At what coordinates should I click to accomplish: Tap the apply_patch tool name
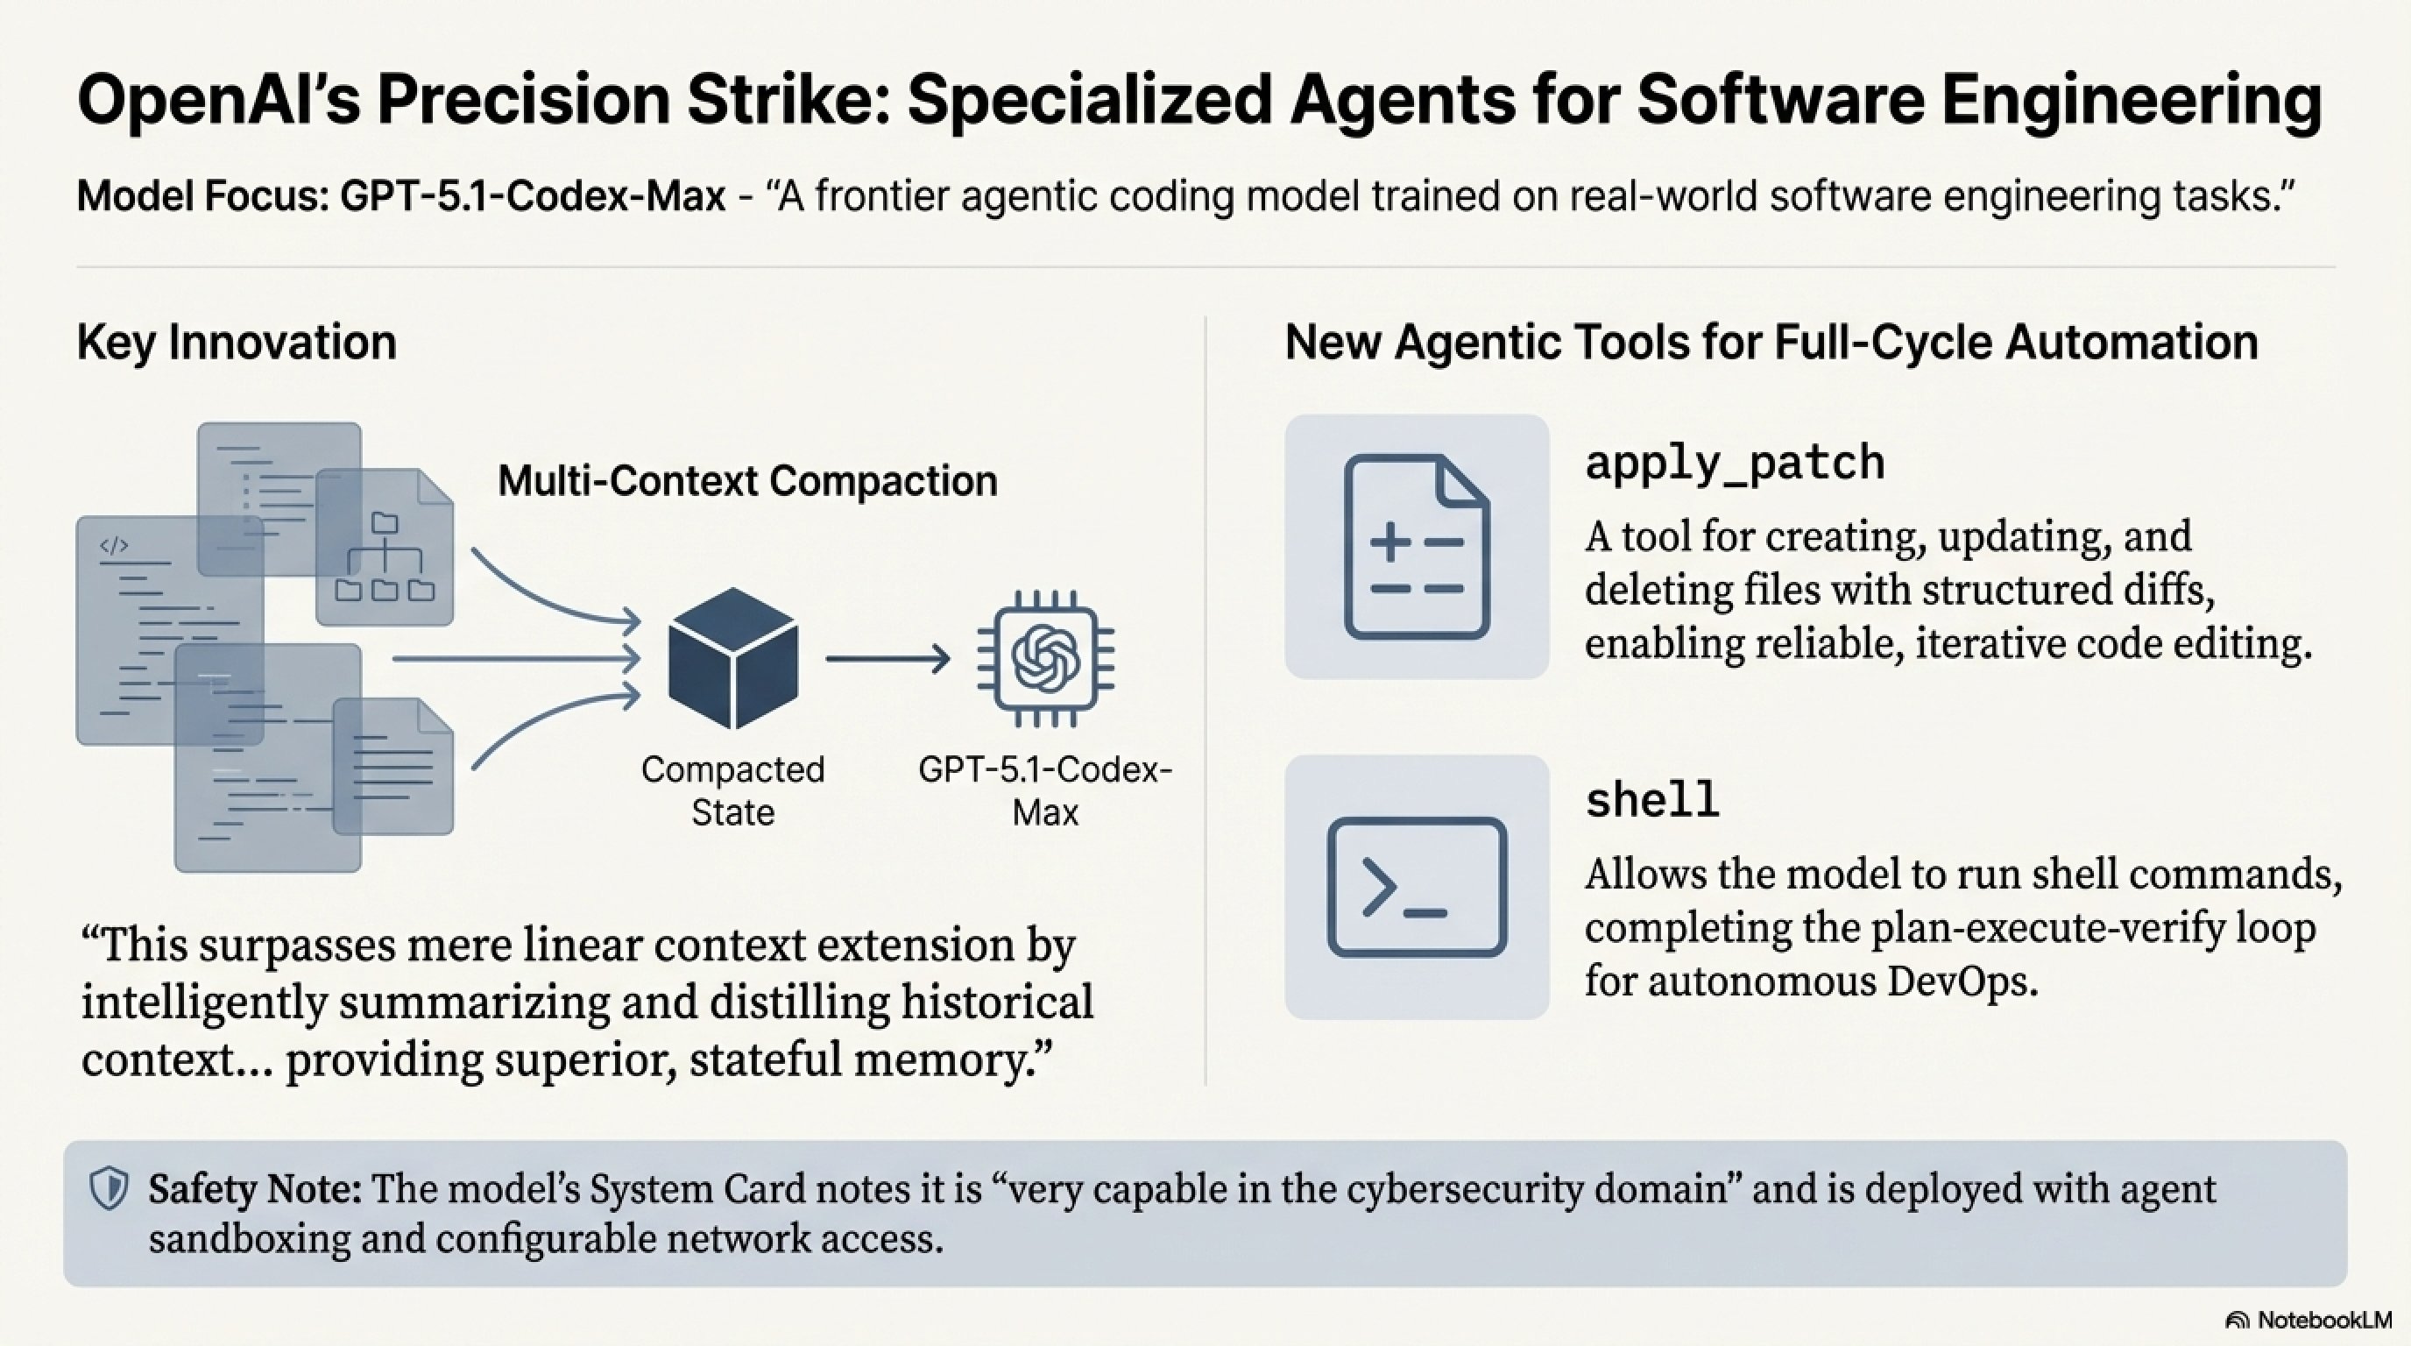(1735, 463)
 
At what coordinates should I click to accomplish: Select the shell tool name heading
(1652, 800)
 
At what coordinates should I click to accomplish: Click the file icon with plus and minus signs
(1416, 547)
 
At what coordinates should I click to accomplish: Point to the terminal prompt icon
(1416, 887)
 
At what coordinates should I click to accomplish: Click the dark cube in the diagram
(732, 657)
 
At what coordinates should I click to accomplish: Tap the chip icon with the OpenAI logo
(1045, 658)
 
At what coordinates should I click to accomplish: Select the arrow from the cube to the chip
(887, 659)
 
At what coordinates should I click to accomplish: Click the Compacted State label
(732, 790)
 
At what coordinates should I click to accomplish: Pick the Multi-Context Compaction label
(747, 481)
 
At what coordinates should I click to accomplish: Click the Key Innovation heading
(237, 343)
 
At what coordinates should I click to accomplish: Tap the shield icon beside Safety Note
(109, 1189)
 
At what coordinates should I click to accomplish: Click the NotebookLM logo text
(2324, 1320)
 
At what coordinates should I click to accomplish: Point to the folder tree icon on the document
(385, 558)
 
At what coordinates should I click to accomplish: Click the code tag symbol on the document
(114, 546)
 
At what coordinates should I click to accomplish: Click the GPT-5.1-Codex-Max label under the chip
(1045, 790)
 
